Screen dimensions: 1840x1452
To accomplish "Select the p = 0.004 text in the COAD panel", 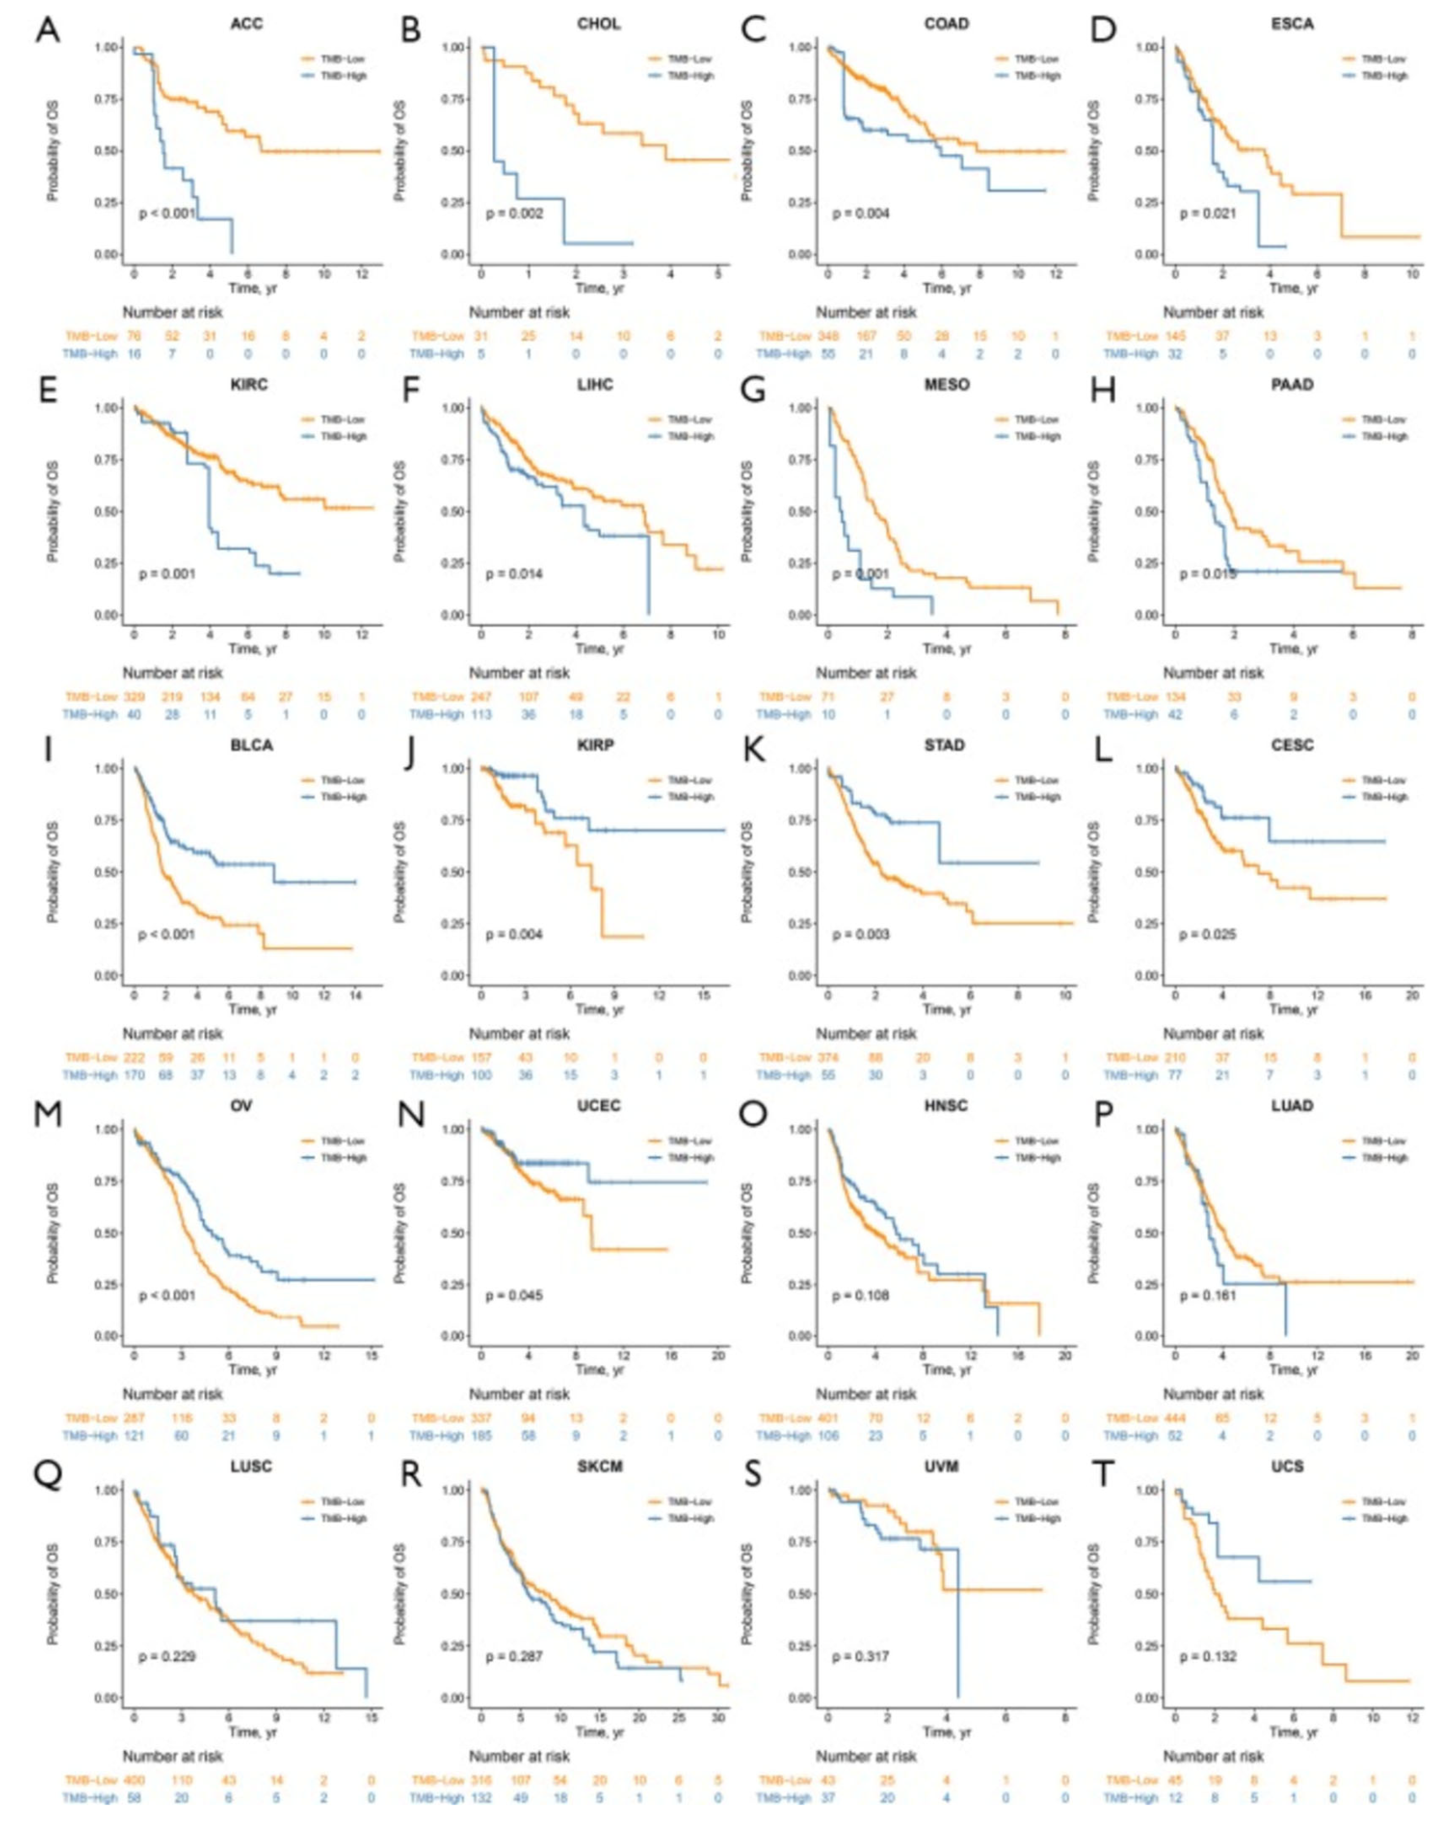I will pyautogui.click(x=861, y=213).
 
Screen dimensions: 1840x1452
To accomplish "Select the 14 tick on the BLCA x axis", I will pyautogui.click(x=355, y=995).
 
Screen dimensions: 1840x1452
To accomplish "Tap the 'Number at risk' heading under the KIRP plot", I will pyautogui.click(x=519, y=1034).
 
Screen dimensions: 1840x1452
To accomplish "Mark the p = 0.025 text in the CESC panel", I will pyautogui.click(x=1207, y=934).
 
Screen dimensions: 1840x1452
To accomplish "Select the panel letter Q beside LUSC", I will pyautogui.click(x=47, y=1474).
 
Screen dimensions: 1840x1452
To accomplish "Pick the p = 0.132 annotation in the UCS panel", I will pyautogui.click(x=1207, y=1656).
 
